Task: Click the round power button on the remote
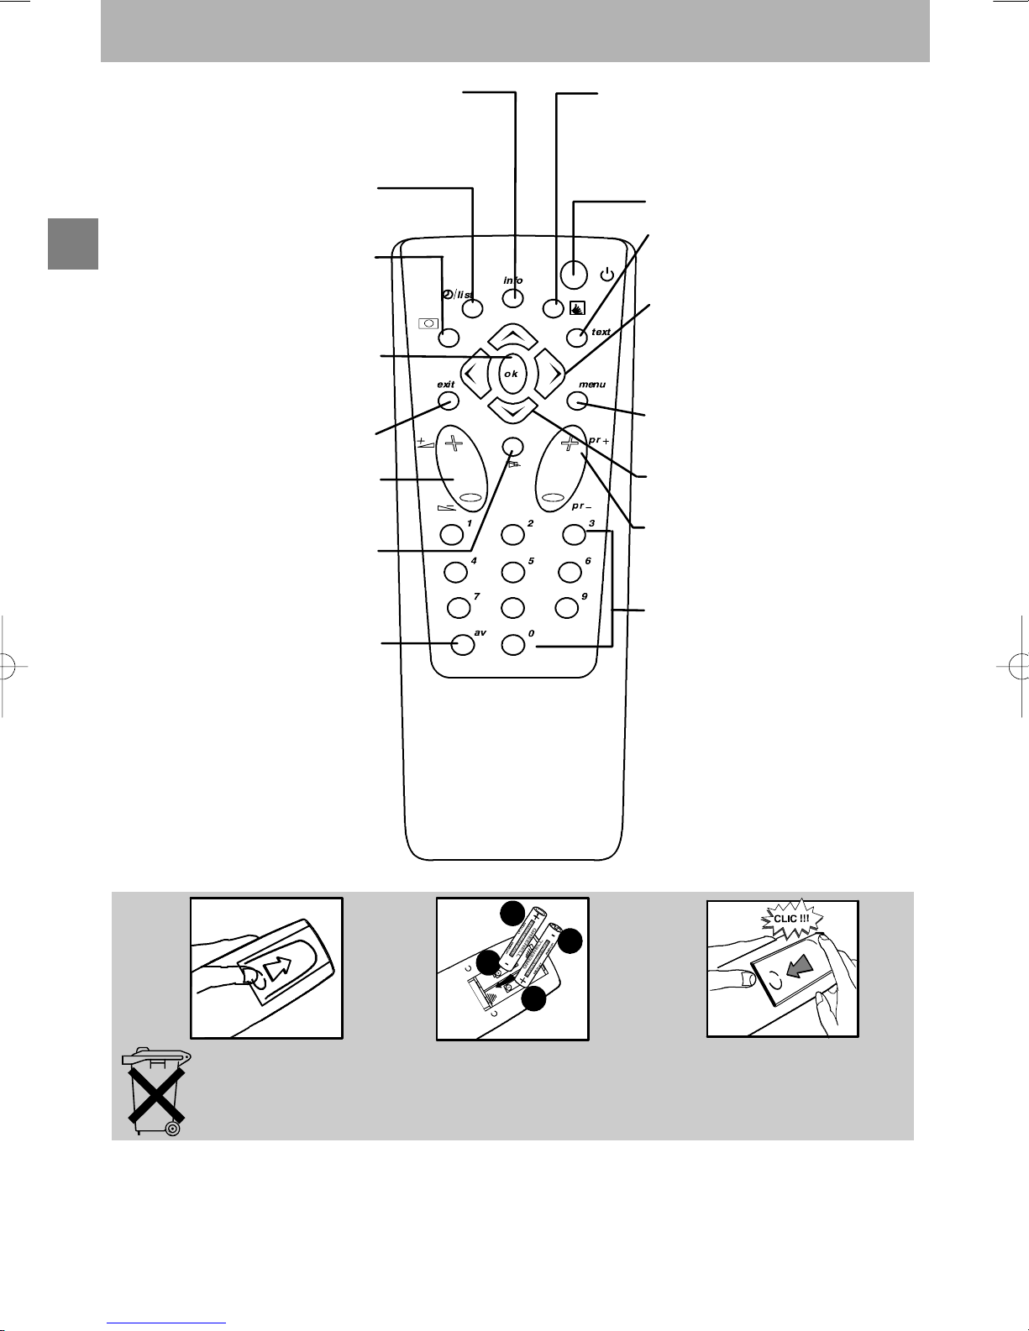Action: point(574,274)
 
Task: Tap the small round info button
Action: point(513,298)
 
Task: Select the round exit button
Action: point(449,401)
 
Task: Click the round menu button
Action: point(576,401)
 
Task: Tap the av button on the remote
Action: point(464,644)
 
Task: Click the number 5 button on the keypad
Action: point(512,572)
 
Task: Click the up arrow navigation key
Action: point(513,336)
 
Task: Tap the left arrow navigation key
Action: point(475,373)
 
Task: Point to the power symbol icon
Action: point(607,275)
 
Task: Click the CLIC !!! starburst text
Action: point(792,918)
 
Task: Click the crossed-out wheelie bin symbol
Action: point(158,1093)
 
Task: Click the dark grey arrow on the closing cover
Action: point(800,969)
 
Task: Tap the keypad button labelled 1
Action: point(451,534)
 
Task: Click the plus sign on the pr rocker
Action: point(570,443)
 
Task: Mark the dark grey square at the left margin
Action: point(73,244)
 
